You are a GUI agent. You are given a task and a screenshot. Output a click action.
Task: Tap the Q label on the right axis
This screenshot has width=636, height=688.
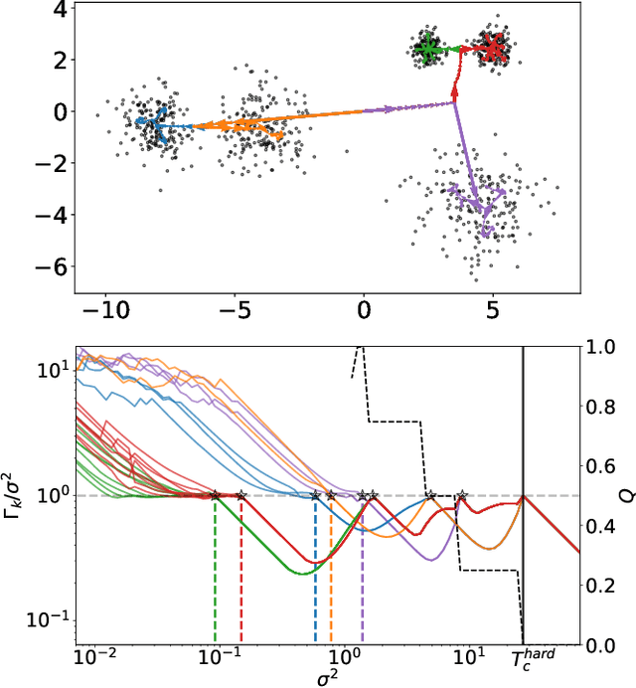coord(625,495)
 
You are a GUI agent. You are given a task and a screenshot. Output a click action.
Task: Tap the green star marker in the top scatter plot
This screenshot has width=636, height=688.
coord(429,48)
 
